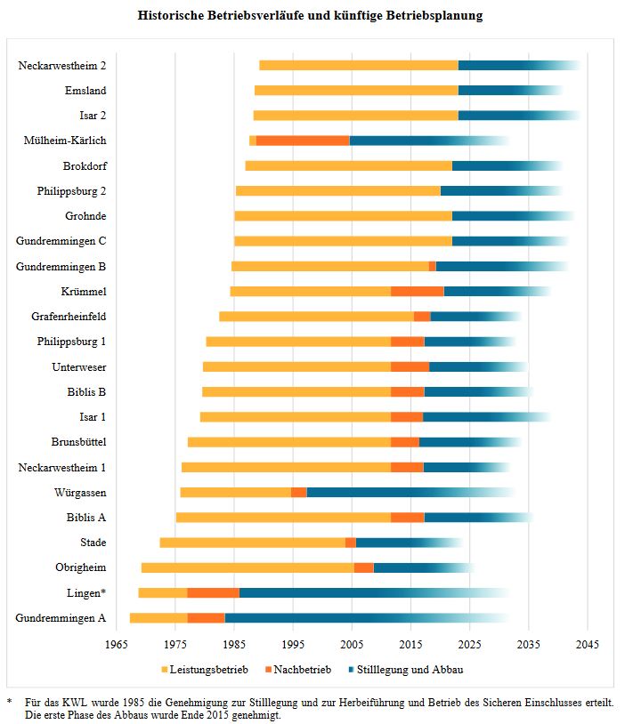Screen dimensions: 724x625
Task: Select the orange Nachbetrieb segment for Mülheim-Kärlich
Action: (x=303, y=141)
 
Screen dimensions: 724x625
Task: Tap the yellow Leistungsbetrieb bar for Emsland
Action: (x=356, y=91)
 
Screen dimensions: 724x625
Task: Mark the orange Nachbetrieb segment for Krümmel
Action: (x=417, y=291)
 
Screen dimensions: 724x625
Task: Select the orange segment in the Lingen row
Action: (x=213, y=592)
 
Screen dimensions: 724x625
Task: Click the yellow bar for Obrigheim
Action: (x=248, y=567)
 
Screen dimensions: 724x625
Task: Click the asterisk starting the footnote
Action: (x=9, y=702)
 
